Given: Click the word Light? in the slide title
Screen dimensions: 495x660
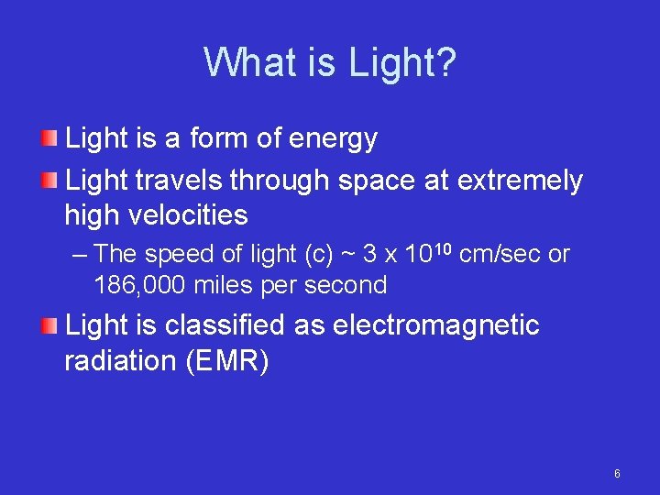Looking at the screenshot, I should click(402, 63).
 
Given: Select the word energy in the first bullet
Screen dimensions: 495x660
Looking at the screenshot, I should click(333, 139).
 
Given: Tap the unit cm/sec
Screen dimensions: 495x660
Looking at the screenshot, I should click(500, 254).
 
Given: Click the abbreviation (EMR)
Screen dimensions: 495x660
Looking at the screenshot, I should click(226, 361).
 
